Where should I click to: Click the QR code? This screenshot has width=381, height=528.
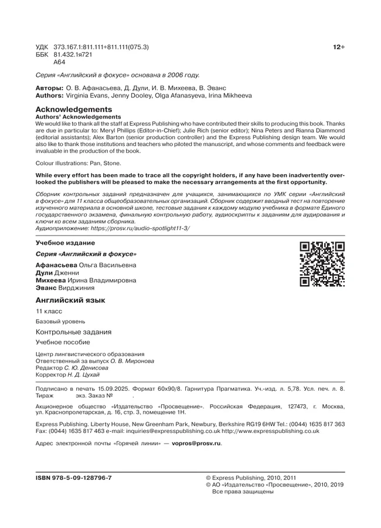point(322,263)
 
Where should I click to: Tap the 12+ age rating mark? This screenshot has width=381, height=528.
point(339,46)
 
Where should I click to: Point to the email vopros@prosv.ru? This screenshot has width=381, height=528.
point(196,443)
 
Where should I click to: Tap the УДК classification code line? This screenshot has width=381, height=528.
point(93,46)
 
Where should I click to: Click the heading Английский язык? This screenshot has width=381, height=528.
point(70,300)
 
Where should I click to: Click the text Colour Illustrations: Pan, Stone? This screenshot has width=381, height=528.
point(79,163)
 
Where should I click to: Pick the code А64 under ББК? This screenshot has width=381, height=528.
point(59,62)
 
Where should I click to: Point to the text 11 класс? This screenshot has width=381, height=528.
point(49,312)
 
